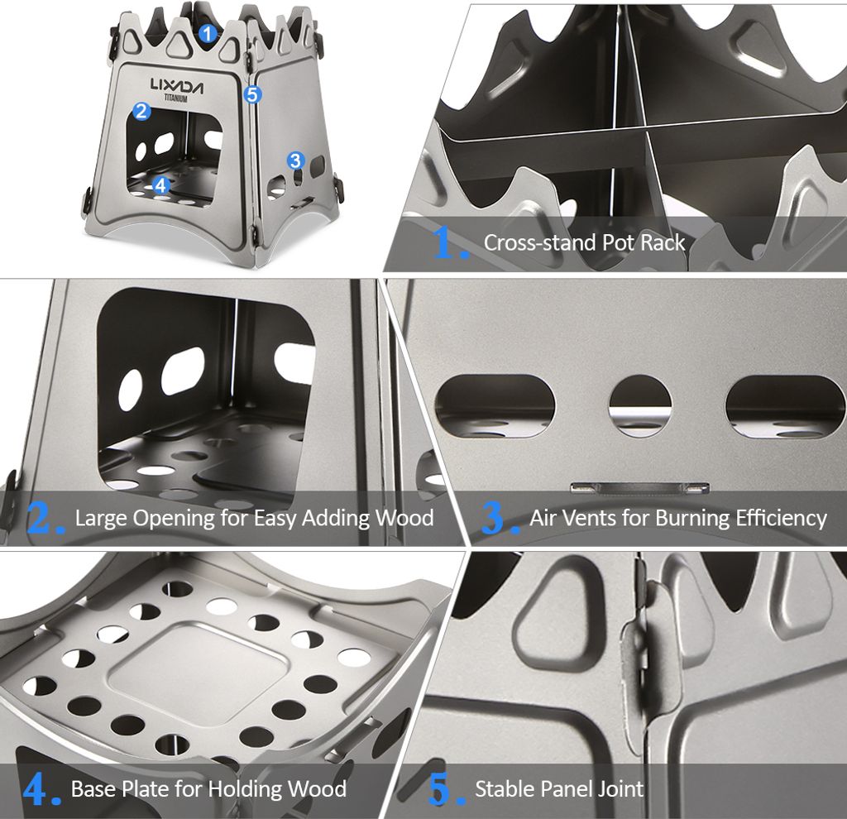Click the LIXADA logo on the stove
[177, 84]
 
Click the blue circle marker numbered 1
[208, 34]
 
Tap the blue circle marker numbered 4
[160, 185]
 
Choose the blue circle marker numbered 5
[253, 94]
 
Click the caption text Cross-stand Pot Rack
[584, 242]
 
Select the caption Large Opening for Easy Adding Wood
[254, 518]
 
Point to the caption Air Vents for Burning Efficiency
[677, 518]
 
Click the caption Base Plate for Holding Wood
[208, 788]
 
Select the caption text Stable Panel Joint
[559, 788]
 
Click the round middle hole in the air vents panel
[640, 405]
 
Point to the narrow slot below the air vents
[639, 486]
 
